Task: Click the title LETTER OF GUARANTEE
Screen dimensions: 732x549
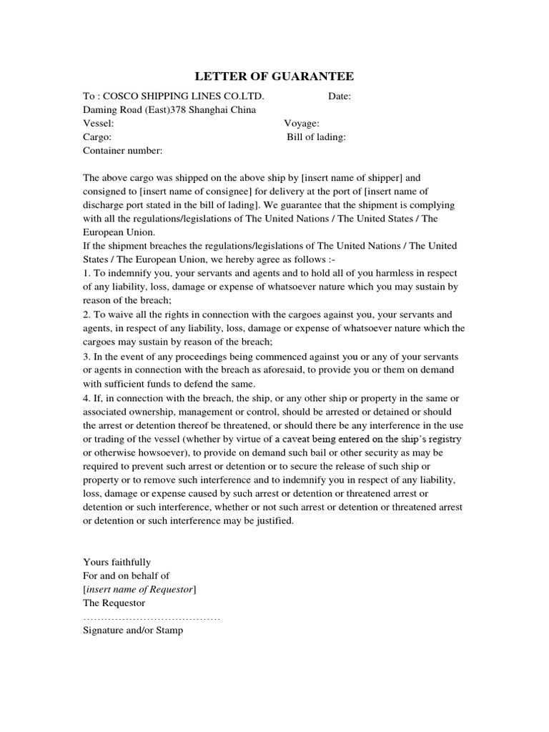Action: pos(274,76)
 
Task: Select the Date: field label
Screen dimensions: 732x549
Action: pos(340,97)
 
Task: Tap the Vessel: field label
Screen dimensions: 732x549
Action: pos(99,124)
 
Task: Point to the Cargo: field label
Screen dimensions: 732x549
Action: pos(97,137)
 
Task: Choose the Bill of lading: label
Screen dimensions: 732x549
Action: pos(317,137)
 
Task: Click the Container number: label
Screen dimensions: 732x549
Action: pos(123,151)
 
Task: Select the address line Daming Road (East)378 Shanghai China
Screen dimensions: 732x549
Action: pos(169,110)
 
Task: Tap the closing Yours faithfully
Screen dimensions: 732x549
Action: pos(117,562)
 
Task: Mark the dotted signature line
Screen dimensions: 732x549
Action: pos(152,617)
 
